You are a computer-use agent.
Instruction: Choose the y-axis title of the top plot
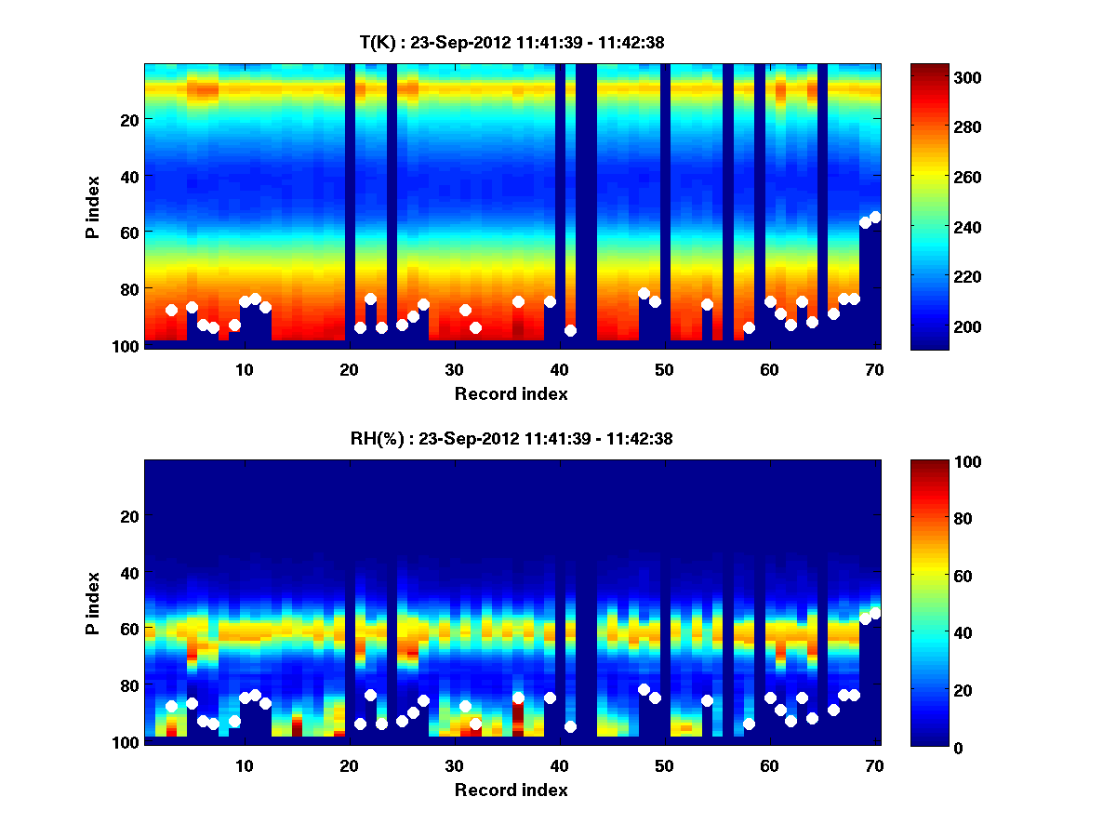point(92,206)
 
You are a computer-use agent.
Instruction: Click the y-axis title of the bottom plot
point(92,603)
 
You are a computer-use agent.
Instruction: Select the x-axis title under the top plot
point(511,393)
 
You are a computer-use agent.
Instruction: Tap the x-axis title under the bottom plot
point(511,790)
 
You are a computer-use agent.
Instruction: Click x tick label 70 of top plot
point(874,369)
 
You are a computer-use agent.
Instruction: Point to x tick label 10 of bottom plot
point(244,765)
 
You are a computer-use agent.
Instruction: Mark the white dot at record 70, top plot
point(875,217)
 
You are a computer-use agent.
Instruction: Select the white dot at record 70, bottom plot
point(875,613)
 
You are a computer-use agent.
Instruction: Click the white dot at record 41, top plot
point(570,330)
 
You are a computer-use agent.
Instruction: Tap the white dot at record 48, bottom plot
point(644,689)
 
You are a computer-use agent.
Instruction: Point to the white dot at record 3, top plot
point(171,310)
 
